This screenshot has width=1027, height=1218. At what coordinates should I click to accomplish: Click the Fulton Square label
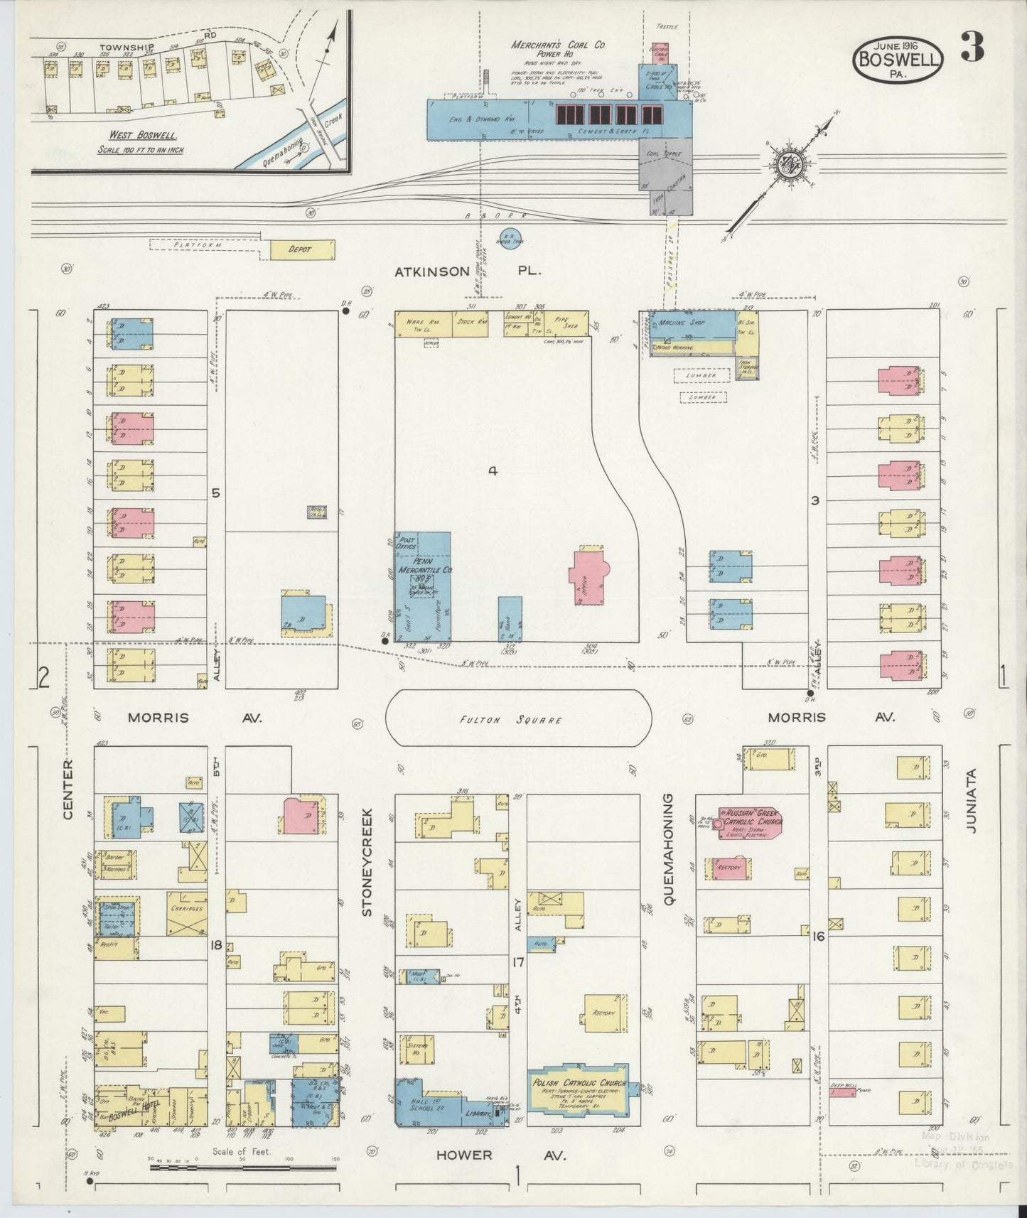[518, 720]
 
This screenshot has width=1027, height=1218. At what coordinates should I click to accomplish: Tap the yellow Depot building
[301, 249]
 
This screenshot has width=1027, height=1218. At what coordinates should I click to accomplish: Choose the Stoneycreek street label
[367, 861]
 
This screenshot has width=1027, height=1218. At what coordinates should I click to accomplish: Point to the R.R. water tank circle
[510, 238]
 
